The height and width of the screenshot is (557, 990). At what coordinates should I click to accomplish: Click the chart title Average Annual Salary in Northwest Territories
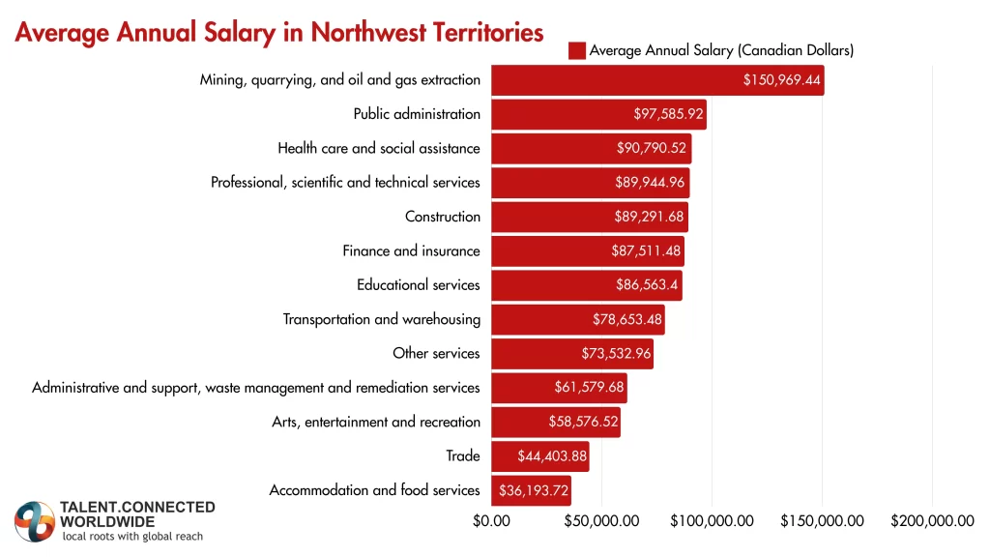(x=279, y=32)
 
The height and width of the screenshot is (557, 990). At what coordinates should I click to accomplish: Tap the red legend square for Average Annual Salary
(x=577, y=50)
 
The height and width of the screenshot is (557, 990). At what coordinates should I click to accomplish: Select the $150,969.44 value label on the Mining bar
(x=782, y=80)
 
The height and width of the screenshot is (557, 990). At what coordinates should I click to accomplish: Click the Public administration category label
(x=417, y=114)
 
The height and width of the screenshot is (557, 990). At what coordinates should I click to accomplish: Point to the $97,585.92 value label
(x=668, y=114)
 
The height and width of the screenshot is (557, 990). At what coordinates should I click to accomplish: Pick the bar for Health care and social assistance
(x=591, y=148)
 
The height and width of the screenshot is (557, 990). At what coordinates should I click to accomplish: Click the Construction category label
(x=442, y=217)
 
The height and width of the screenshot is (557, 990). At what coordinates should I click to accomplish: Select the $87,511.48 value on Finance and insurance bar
(x=647, y=250)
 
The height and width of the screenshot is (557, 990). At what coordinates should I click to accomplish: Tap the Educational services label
(x=418, y=285)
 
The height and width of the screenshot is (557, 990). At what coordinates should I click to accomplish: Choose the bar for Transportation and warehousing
(x=577, y=319)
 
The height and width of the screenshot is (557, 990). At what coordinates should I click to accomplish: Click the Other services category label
(x=436, y=353)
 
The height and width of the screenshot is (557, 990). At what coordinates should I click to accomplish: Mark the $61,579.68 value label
(x=590, y=388)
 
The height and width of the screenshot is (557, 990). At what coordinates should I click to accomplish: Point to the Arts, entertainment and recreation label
(x=376, y=422)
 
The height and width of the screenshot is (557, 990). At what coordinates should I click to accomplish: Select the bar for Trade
(x=539, y=455)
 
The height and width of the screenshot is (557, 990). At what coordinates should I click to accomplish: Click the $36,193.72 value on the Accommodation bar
(x=534, y=490)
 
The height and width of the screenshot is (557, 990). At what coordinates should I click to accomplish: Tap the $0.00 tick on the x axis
(x=491, y=521)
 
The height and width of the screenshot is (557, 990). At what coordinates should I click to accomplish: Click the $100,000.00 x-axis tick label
(x=712, y=521)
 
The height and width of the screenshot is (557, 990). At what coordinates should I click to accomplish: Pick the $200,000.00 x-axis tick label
(x=932, y=521)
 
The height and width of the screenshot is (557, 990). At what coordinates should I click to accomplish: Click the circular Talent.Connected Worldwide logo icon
(x=35, y=521)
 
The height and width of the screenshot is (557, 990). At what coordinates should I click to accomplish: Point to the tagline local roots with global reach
(x=132, y=537)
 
